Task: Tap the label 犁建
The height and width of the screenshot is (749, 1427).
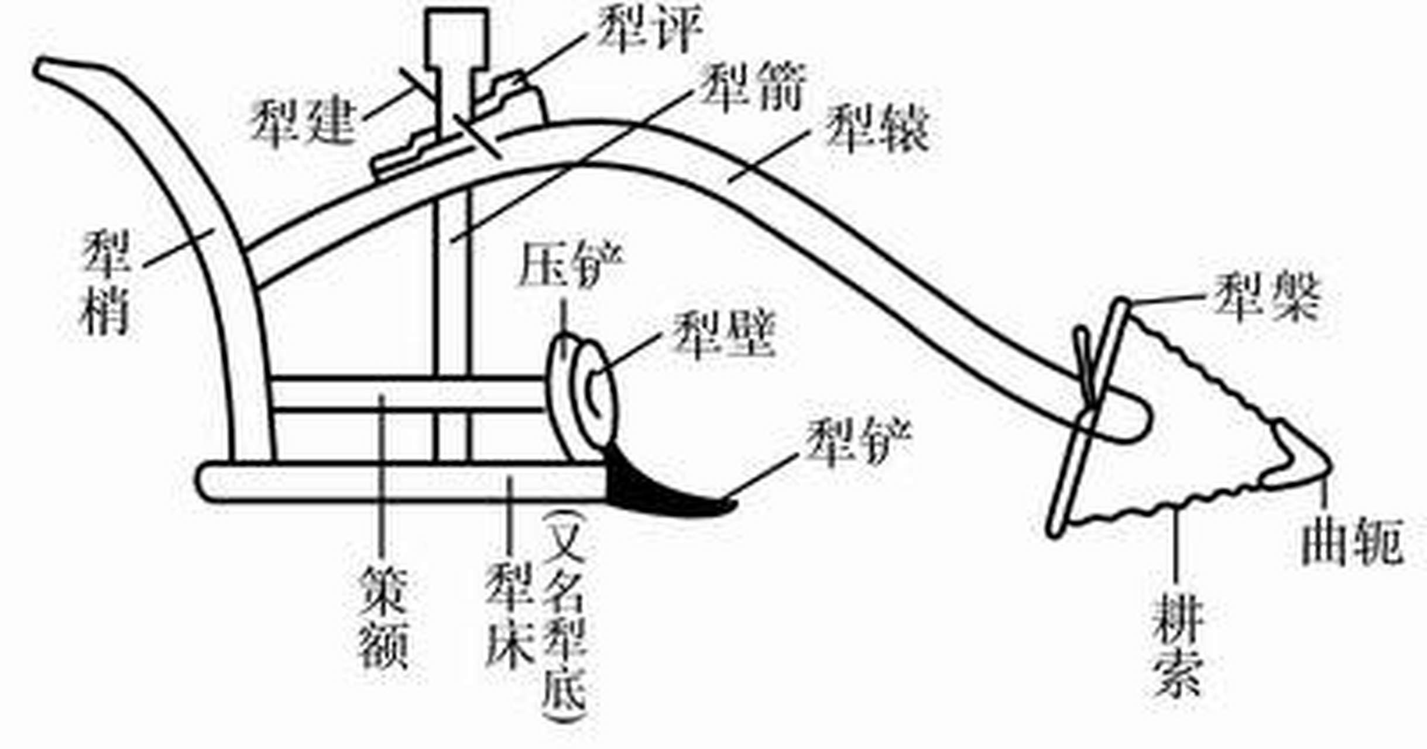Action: tap(303, 122)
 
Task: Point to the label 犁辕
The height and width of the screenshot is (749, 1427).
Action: tap(877, 130)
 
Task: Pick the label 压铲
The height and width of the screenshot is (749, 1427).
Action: tap(571, 266)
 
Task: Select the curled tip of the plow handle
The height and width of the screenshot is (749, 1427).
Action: tap(53, 69)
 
